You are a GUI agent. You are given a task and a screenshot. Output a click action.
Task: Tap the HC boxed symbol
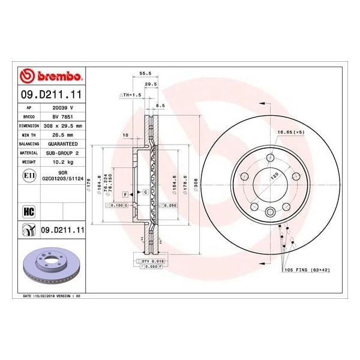(x=27, y=211)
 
